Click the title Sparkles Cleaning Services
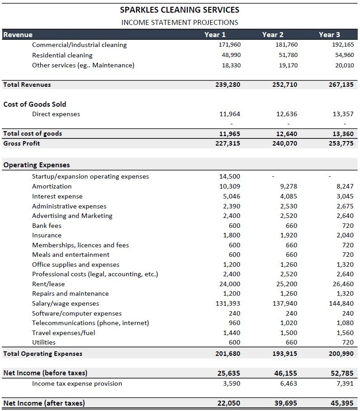click(x=180, y=9)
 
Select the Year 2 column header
click(x=273, y=34)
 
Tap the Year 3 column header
click(x=329, y=34)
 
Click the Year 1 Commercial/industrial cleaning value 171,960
click(x=230, y=45)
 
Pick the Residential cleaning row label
click(x=62, y=55)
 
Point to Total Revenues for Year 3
click(x=341, y=85)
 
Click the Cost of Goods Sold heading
click(x=35, y=104)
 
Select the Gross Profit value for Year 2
click(x=284, y=143)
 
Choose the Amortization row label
click(x=52, y=186)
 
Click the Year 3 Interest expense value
click(x=345, y=196)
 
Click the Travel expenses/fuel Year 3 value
click(x=345, y=333)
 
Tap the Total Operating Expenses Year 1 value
click(x=228, y=354)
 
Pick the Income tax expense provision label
click(x=77, y=383)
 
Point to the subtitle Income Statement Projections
click(x=180, y=22)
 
